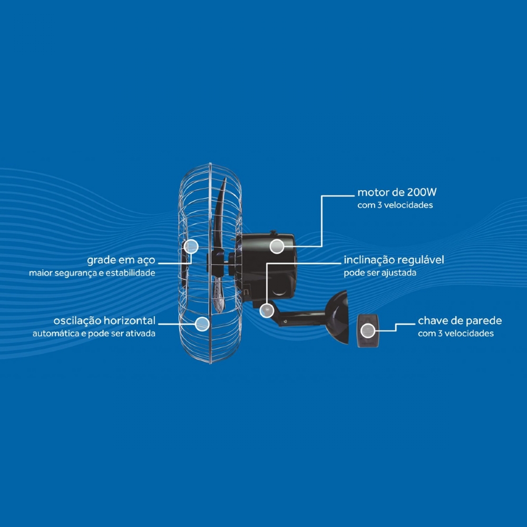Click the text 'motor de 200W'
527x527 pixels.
pos(397,192)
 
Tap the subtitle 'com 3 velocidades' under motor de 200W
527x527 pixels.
pos(395,205)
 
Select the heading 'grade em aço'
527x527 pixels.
pos(121,260)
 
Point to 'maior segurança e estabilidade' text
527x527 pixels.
pos(92,273)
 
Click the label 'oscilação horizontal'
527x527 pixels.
pos(104,320)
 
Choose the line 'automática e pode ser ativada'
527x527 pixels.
pos(94,334)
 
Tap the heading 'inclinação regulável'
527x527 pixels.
pos(394,260)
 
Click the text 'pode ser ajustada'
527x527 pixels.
pos(380,272)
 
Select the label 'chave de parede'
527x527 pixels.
pos(460,320)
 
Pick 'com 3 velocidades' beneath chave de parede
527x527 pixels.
pos(456,334)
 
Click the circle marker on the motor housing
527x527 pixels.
pos(277,246)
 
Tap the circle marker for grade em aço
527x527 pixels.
pos(191,246)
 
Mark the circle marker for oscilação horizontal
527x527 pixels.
pos(202,324)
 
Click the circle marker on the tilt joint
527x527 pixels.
pos(267,310)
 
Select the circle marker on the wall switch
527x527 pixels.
pos(368,331)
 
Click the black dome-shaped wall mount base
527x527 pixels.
pos(338,317)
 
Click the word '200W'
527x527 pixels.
pos(422,192)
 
